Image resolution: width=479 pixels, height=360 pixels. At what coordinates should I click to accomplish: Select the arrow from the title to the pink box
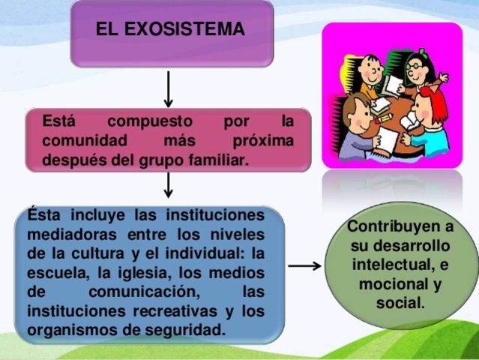(169, 88)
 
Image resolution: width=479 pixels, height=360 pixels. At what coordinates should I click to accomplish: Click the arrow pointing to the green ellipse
(305, 266)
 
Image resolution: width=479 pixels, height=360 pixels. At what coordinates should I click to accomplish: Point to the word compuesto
(150, 121)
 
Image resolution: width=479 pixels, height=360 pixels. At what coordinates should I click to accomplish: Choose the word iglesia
(145, 271)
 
